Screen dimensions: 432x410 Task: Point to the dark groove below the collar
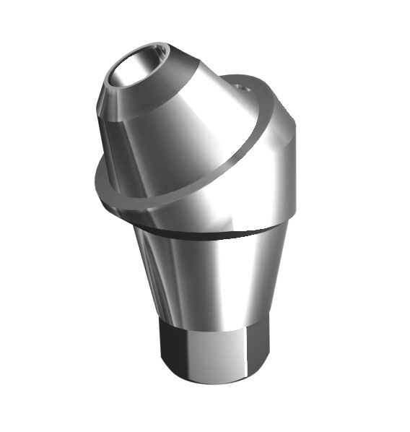click(x=209, y=233)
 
